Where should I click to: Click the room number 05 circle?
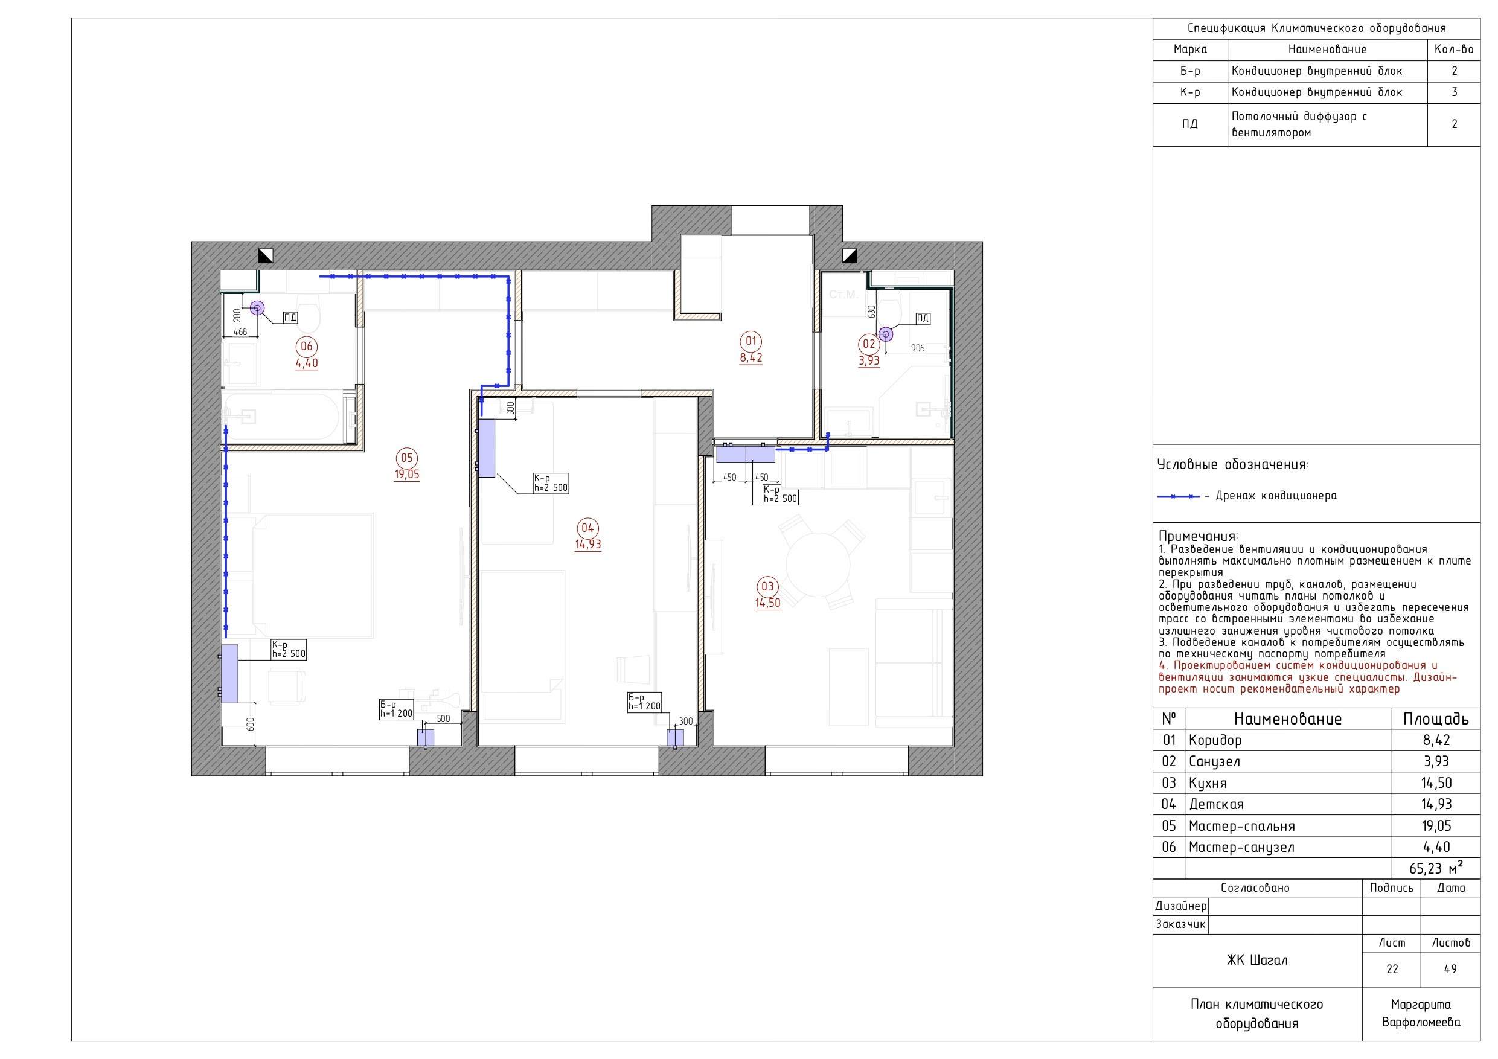tap(406, 458)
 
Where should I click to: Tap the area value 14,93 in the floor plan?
tap(588, 544)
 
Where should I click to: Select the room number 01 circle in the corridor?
tap(751, 341)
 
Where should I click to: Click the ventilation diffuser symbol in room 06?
tap(258, 308)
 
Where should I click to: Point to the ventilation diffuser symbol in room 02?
tap(885, 334)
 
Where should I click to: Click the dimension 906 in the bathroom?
tap(917, 348)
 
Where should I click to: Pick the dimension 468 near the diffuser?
tap(240, 332)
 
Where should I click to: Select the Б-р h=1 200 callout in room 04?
tap(644, 702)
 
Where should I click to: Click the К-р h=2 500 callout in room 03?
tap(779, 494)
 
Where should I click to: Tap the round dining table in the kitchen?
tap(818, 565)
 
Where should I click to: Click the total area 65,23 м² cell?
tap(1436, 868)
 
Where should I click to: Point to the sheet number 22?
tap(1392, 970)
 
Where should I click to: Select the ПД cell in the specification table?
tap(1190, 124)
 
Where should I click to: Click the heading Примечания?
tap(1199, 536)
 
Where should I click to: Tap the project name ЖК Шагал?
tap(1257, 961)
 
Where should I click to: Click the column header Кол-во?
tap(1455, 49)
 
